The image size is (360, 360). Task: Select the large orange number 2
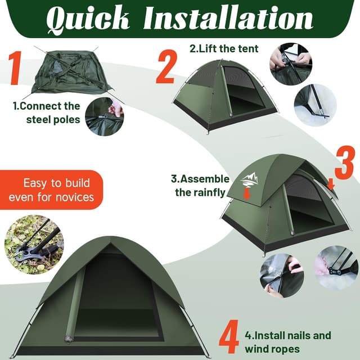point(166,67)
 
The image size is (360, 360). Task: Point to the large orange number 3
point(344,163)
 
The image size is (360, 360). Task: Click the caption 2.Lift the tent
point(223,48)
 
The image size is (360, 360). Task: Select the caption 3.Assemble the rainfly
point(200,186)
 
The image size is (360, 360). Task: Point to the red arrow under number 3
point(331,183)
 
